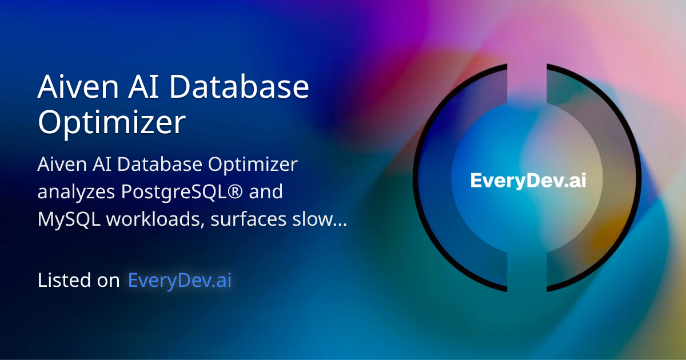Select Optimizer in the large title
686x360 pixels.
point(111,122)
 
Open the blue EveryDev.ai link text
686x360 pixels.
point(180,281)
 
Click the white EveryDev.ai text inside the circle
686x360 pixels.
point(528,181)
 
